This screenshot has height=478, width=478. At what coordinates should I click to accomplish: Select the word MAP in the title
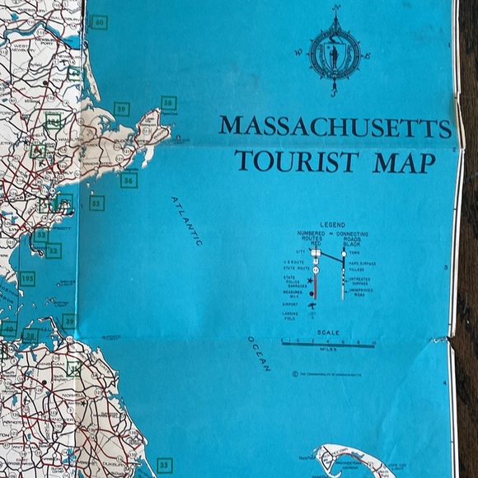[x=404, y=162]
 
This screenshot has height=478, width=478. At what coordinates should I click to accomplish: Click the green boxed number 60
[x=100, y=22]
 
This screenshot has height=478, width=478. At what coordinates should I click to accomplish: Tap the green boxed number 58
[x=168, y=104]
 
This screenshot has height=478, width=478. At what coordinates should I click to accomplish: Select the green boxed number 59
[x=122, y=109]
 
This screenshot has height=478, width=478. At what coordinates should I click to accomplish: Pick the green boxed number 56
[x=129, y=180]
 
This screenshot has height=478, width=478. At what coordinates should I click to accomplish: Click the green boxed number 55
[x=96, y=203]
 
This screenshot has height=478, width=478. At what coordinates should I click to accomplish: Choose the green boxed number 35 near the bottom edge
[x=164, y=466]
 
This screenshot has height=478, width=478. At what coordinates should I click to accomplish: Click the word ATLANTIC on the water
[x=187, y=221]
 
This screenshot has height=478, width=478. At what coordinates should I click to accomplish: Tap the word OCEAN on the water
[x=259, y=354]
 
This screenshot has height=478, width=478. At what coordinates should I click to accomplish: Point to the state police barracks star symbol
[x=310, y=281]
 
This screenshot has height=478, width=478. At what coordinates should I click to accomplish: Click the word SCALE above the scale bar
[x=327, y=332]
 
